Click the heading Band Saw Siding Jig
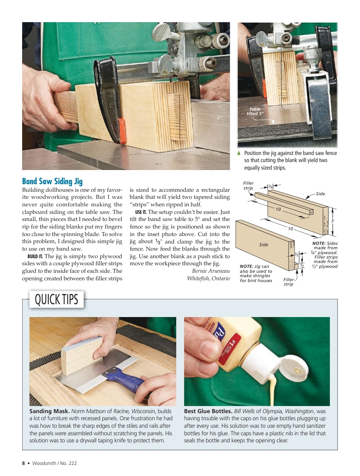click(52, 181)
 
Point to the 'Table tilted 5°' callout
click(255, 111)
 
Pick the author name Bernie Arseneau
click(211, 271)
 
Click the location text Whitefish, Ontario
click(208, 279)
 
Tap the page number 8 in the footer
click(23, 464)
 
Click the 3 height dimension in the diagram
click(332, 221)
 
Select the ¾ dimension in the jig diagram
click(270, 187)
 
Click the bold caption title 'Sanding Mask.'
click(49, 411)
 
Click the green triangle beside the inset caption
click(239, 153)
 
